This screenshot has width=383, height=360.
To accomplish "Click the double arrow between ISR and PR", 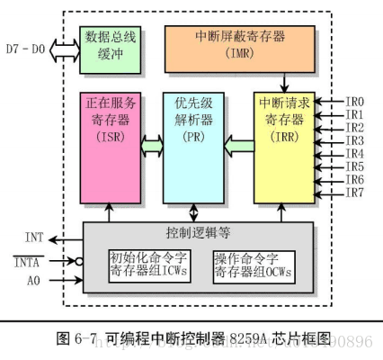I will coord(149,142).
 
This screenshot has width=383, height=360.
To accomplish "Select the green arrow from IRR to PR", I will coord(237,142).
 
